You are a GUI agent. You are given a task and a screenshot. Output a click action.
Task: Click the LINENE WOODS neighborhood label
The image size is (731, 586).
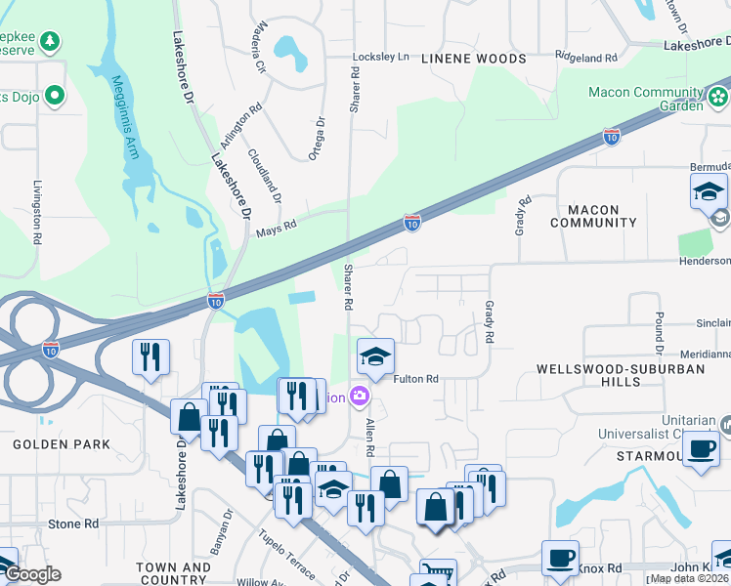474,59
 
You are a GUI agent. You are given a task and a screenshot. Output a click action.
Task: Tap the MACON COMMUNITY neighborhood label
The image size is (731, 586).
593,216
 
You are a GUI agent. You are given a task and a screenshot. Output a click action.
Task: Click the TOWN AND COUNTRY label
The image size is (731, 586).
173,573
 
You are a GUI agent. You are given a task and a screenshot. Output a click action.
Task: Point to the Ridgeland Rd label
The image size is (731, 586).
586,58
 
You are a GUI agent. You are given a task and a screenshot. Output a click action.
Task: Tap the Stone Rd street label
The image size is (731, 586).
73,524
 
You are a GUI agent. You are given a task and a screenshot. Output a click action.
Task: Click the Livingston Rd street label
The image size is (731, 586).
37,212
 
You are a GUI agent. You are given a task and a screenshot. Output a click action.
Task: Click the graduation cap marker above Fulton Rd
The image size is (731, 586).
374,357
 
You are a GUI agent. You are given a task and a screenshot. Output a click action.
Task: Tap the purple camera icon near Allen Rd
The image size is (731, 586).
359,396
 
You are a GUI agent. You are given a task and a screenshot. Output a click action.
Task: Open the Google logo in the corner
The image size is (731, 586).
33,574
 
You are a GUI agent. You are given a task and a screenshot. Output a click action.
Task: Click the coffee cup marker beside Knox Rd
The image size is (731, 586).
560,558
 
